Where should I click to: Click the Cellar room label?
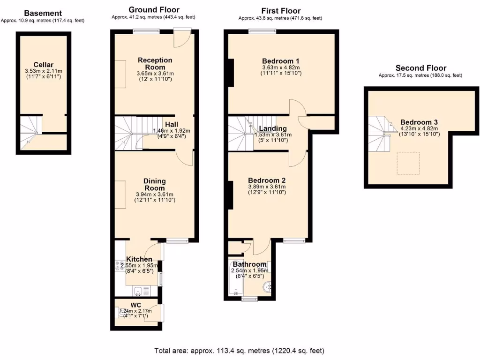pos(43,65)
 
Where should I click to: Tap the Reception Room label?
pos(155,63)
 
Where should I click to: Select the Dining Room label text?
pos(155,185)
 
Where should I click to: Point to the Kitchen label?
pos(139,259)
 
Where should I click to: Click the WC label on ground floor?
pos(135,305)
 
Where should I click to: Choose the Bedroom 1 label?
pos(281,61)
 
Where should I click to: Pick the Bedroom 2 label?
pos(267,180)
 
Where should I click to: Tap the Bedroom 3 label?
pos(419,122)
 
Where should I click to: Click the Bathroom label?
pos(249,264)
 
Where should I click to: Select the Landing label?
pos(273,128)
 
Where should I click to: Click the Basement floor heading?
pos(43,13)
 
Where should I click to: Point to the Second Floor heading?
pos(420,68)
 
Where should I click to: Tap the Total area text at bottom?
pos(240,350)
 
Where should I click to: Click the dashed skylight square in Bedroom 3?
pos(408,163)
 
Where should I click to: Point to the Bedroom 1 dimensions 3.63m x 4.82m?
pos(281,67)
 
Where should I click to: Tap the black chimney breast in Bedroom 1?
pos(231,73)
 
